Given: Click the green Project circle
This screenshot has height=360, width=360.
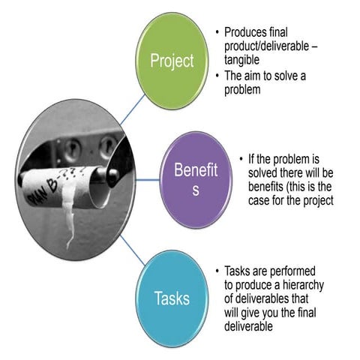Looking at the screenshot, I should point(172,61).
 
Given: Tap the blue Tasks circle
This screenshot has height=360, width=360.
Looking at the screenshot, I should point(172,298).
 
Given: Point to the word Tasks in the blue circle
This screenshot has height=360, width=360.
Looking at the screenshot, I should point(172,299).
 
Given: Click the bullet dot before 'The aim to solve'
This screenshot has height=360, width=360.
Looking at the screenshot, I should point(217,75).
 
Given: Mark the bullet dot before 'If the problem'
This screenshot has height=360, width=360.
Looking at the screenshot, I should point(241,160).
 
